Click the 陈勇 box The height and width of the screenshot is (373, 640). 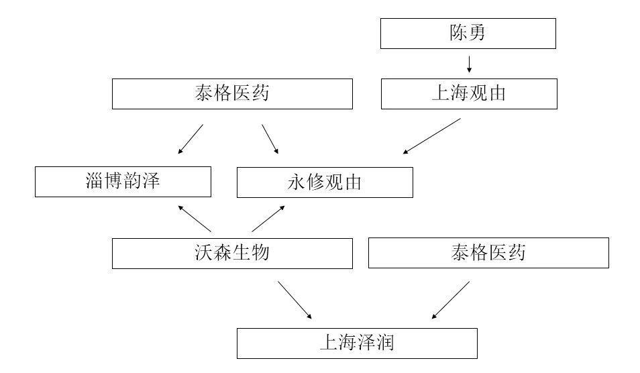(x=468, y=34)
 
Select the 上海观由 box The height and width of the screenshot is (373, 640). (x=469, y=94)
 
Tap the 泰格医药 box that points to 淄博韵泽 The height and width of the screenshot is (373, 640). (x=232, y=94)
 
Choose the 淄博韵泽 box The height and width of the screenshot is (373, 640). (x=123, y=182)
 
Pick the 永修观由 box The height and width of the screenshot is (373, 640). (x=325, y=182)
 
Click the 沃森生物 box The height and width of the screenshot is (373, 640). (x=232, y=254)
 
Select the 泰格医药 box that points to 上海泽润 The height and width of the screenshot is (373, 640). (x=488, y=253)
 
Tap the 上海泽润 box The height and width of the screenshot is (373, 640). (x=357, y=343)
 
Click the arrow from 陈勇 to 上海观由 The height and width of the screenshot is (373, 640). (x=469, y=64)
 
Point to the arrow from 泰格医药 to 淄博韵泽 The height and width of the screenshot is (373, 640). (x=191, y=139)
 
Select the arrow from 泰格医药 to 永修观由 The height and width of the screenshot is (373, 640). (x=270, y=139)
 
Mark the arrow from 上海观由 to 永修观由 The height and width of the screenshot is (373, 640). (x=432, y=136)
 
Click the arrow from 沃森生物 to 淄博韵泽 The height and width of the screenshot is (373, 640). (x=195, y=219)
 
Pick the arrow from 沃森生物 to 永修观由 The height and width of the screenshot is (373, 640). (x=268, y=219)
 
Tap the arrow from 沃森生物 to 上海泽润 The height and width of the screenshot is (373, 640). (x=295, y=300)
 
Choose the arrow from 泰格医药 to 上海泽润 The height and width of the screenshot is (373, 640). (x=451, y=300)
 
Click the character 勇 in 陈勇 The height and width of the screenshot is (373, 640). (x=477, y=33)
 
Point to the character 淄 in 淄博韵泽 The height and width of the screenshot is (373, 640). (x=95, y=180)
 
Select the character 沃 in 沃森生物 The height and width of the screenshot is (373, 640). (x=204, y=253)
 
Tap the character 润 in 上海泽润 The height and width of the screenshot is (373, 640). (x=385, y=342)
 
